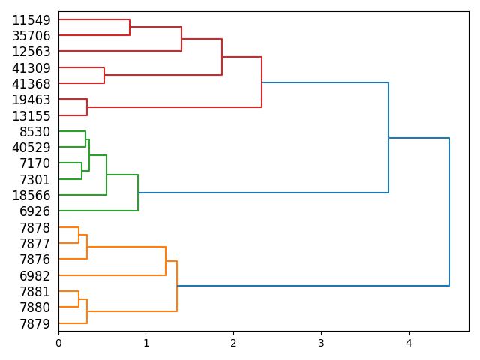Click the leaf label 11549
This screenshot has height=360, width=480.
pos(31,20)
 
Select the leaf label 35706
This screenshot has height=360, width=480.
pos(31,36)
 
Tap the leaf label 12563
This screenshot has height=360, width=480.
pos(31,52)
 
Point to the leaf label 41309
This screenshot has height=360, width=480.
pos(31,68)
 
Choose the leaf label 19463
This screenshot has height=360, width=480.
pos(31,100)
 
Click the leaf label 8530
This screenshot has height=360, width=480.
pos(35,132)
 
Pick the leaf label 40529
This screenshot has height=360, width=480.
pos(31,148)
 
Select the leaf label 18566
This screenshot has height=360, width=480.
pos(31,196)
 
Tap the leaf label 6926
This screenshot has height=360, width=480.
pos(35,211)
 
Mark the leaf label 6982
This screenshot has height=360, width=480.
pos(35,276)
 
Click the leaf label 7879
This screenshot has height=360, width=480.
pos(35,324)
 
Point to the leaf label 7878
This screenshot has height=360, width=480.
pos(35,228)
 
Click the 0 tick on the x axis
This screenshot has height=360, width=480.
pos(58,343)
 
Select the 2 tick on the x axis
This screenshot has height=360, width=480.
pos(233,343)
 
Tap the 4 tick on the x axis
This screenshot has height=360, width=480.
pos(409,343)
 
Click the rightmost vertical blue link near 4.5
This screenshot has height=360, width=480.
pos(449,212)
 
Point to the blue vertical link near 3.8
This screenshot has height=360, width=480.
pos(388,138)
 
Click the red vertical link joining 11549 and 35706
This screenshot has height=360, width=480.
pos(130,28)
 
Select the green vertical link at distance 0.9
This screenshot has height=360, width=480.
pos(138,193)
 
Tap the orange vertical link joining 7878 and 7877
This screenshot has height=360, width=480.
pos(79,235)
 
